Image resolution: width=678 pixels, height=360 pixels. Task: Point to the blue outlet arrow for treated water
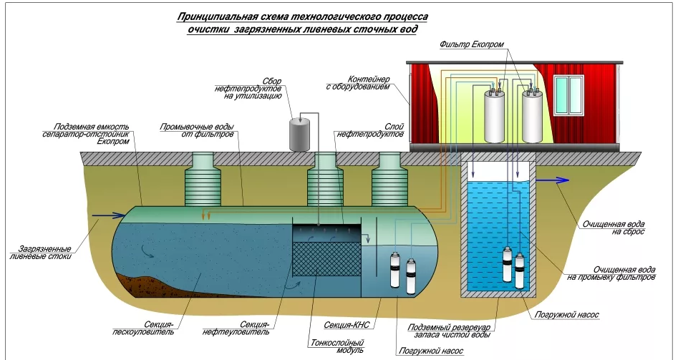[552, 180]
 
